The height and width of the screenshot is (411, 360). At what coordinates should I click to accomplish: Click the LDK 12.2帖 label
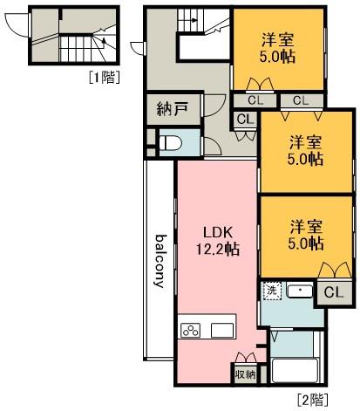point(218,241)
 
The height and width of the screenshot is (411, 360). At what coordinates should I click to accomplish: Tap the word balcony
point(160,261)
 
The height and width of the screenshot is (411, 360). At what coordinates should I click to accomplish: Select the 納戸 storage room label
point(173,109)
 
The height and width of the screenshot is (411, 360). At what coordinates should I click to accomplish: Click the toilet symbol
point(171,143)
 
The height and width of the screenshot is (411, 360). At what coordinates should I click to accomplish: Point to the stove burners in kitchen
point(191,331)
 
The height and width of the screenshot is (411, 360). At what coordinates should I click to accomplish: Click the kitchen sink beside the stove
point(222,330)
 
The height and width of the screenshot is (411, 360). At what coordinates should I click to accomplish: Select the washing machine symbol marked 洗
point(272,291)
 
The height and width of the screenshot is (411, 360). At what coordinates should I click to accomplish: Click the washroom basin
point(300,291)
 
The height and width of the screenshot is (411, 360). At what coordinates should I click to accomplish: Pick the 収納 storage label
point(246,374)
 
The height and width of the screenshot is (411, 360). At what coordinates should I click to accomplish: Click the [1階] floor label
point(105,78)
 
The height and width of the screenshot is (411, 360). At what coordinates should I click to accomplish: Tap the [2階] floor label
point(313,400)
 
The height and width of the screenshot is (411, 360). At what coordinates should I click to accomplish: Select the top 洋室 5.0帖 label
point(277,49)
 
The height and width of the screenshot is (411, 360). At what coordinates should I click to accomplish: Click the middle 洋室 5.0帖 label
point(305,150)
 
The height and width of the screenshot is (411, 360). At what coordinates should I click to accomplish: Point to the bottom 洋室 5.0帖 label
point(306,235)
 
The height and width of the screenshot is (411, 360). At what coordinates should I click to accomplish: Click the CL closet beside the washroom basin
point(334,292)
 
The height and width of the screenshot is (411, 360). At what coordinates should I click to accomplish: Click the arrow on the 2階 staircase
point(193,20)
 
